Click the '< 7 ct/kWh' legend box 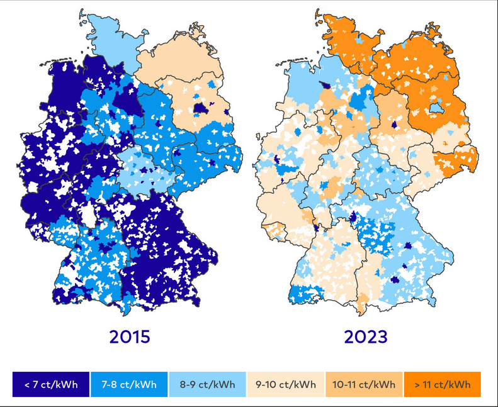pyautogui.click(x=51, y=384)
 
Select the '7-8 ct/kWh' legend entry pyautogui.click(x=129, y=384)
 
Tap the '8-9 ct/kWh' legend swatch pyautogui.click(x=207, y=384)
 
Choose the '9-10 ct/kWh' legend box pyautogui.click(x=286, y=384)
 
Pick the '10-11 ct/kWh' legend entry pyautogui.click(x=364, y=384)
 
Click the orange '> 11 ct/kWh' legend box pyautogui.click(x=442, y=384)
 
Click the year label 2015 pyautogui.click(x=130, y=337)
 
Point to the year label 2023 pyautogui.click(x=366, y=337)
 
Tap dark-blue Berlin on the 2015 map pyautogui.click(x=200, y=108)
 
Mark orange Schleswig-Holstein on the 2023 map pyautogui.click(x=346, y=38)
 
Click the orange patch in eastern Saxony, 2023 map pyautogui.click(x=456, y=160)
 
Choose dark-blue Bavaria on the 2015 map pyautogui.click(x=170, y=252)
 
